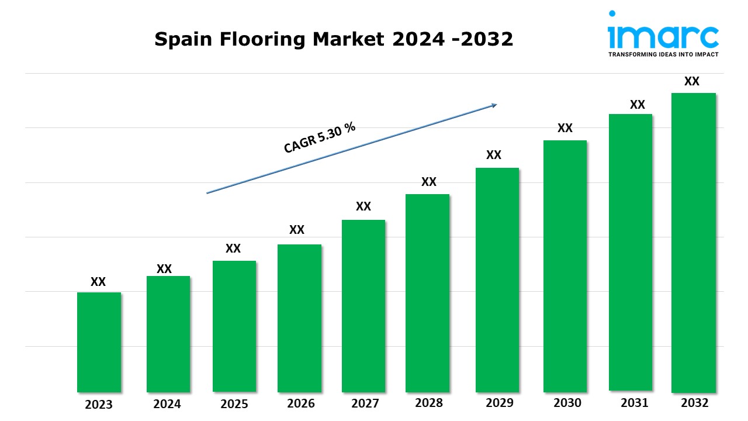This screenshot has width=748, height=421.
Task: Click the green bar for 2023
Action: coord(99,342)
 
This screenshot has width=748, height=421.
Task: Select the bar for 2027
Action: coord(363,306)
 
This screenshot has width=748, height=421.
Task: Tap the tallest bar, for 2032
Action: coord(694,243)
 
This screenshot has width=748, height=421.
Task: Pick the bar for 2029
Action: coord(497,280)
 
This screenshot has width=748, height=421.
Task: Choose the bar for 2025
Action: coord(234,326)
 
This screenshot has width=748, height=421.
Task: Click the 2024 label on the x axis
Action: coord(167,404)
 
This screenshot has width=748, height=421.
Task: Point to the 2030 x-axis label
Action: coord(567,403)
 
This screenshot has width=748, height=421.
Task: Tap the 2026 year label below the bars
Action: coord(300,403)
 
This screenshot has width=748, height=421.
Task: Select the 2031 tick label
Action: coord(635,403)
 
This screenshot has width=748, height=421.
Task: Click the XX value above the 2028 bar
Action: coord(429,182)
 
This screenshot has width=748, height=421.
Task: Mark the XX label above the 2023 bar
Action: coord(98,282)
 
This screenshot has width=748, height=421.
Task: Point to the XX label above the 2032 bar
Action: coord(691,81)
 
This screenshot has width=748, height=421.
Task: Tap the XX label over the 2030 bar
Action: coord(565,127)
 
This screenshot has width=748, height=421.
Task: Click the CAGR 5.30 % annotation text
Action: coord(320,137)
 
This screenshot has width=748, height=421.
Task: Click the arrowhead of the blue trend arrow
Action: coord(494,105)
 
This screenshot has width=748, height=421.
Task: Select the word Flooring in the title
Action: coord(262,39)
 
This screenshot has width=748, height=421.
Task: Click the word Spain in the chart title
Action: coord(183,39)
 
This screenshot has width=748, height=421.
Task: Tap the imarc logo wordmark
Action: coord(663,37)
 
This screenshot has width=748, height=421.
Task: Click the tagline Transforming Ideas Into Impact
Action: coord(663,54)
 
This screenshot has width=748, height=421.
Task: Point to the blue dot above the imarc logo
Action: coord(612,13)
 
